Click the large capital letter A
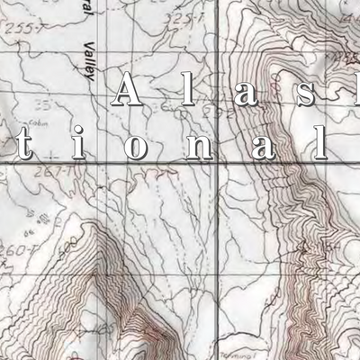coord(130,91)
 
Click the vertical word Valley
coord(87,61)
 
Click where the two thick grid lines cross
coord(218,162)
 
